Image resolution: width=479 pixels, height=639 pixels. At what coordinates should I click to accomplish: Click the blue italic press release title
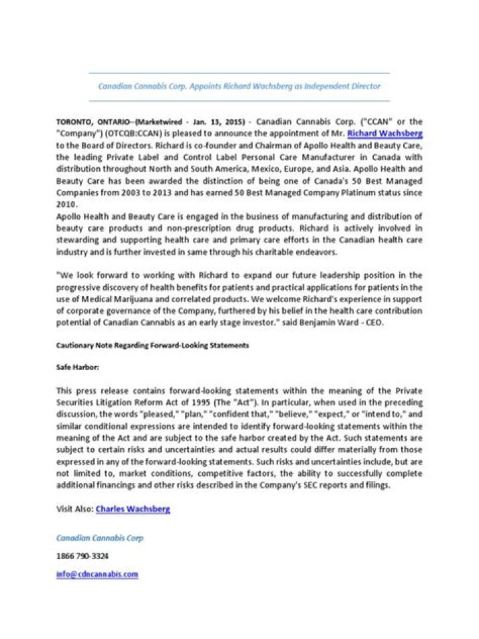coord(239,87)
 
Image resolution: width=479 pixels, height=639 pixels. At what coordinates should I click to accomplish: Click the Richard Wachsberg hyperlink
coord(385,133)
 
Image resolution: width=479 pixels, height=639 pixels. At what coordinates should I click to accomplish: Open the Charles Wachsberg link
coord(133,509)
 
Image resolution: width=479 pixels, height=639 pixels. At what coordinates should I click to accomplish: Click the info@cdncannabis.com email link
coord(97,574)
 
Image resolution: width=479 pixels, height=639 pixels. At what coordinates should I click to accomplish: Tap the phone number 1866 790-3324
coord(82,556)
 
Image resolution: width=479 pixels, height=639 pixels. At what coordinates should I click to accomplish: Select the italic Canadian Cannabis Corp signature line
coord(100,538)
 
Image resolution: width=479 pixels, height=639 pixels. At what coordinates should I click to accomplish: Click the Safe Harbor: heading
coord(77,367)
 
